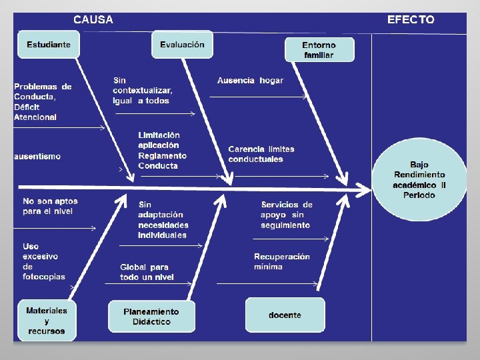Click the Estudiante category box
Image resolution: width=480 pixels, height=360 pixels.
[49, 45]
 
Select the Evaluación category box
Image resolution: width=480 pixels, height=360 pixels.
[183, 45]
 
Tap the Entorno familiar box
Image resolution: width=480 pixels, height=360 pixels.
[319, 49]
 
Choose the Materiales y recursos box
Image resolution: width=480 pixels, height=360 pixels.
[47, 321]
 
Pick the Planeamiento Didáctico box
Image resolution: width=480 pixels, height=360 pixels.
[151, 317]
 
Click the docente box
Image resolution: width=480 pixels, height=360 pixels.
[285, 315]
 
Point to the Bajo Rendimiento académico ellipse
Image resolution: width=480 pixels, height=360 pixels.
[419, 180]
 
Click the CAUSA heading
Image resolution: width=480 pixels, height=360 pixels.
[93, 19]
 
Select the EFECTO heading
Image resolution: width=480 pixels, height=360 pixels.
[411, 19]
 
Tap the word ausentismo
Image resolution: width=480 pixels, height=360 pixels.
[37, 157]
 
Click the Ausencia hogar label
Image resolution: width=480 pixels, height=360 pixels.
[250, 81]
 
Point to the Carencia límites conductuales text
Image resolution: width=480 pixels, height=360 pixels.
[261, 154]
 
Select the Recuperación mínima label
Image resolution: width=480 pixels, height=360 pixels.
[281, 261]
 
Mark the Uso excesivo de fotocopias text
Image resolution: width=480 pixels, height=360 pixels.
[44, 261]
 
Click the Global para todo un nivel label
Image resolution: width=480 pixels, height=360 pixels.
[147, 272]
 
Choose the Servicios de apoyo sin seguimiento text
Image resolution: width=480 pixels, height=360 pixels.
[287, 215]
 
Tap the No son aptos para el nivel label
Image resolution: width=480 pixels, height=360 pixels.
[50, 206]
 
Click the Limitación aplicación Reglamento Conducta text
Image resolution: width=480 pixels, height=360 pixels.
[162, 150]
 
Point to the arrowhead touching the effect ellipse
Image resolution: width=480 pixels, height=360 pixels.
[364, 190]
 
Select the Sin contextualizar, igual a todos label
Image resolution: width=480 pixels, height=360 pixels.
[143, 91]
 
